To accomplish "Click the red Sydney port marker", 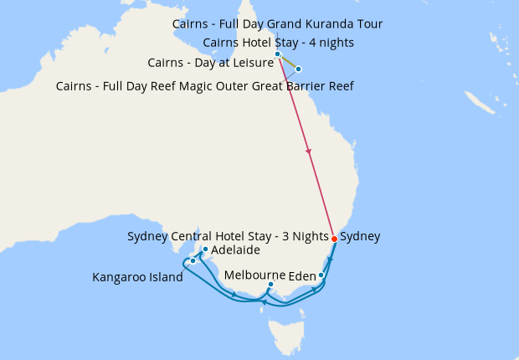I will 334,239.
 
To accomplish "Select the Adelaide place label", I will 235,250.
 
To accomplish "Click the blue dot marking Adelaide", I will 205,249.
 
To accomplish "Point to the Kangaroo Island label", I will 137,278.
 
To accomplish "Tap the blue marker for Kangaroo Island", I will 193,261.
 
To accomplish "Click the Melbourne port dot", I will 270,285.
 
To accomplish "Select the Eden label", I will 302,275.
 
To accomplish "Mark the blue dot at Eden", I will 321,275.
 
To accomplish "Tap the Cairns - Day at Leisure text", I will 210,63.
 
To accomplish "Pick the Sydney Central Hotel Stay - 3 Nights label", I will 227,236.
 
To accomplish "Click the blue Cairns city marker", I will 278,54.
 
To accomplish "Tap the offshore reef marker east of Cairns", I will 299,69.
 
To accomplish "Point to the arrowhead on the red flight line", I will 310,152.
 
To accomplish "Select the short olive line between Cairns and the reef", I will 289,62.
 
